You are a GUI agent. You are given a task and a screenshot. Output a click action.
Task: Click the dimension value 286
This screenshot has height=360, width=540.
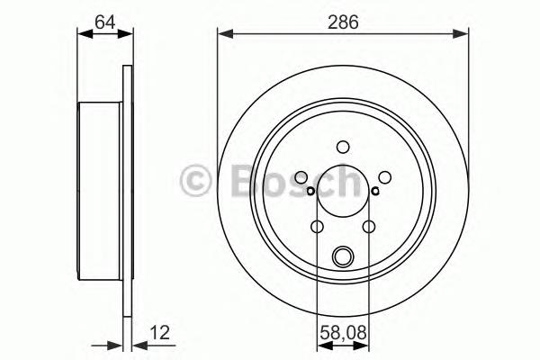343,22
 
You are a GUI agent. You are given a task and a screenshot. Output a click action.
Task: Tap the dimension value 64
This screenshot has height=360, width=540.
105,22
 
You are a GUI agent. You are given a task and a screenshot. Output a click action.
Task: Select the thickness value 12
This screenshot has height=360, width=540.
160,332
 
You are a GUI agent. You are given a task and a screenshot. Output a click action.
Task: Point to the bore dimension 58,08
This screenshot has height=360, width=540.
343,333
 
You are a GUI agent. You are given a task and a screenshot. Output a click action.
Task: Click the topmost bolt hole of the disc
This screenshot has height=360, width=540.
343,147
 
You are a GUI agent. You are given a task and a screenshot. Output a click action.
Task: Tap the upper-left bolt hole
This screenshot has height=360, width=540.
301,177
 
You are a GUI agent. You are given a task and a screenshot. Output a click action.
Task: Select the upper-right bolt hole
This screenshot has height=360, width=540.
384,177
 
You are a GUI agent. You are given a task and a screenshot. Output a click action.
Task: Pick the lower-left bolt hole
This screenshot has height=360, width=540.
317,227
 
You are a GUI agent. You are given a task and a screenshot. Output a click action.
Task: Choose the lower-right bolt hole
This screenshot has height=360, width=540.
369,227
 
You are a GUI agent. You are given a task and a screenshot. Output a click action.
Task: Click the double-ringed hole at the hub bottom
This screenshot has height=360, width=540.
343,256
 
